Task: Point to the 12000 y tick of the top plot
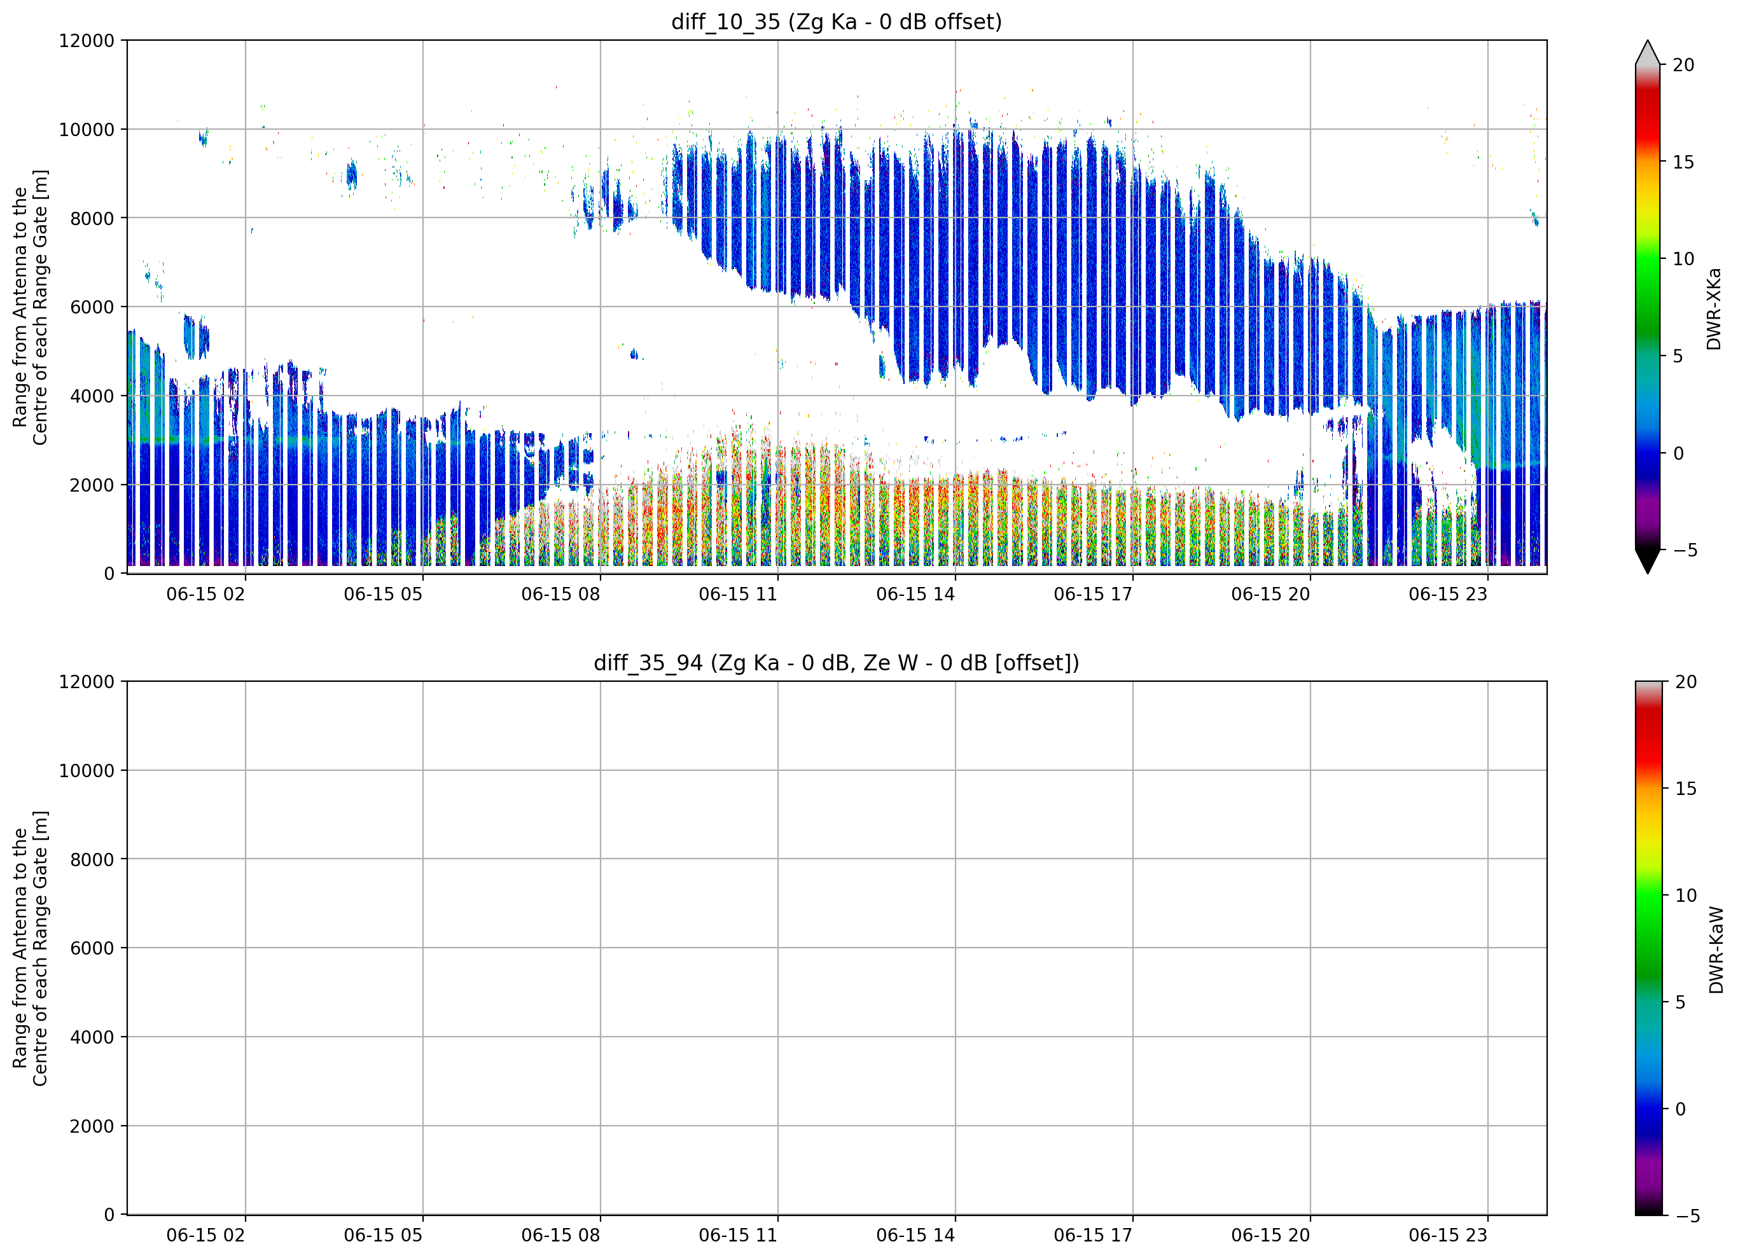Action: [x=87, y=41]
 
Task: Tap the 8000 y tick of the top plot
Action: [x=92, y=218]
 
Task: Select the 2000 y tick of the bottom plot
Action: [x=92, y=1126]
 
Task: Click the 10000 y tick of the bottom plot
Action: [x=87, y=771]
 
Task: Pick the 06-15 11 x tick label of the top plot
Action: [x=738, y=595]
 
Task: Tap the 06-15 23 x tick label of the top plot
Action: [x=1447, y=595]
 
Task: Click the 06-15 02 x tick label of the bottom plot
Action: [x=205, y=1236]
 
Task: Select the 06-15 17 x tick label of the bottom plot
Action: [x=1093, y=1236]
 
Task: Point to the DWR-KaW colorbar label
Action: [x=1716, y=950]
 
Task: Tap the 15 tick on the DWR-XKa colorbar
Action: [x=1683, y=162]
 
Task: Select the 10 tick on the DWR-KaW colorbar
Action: [x=1686, y=895]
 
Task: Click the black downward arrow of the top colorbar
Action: [x=1648, y=560]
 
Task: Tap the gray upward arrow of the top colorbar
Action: [x=1648, y=53]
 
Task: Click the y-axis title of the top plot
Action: [x=30, y=307]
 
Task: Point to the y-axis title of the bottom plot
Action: [x=30, y=948]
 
